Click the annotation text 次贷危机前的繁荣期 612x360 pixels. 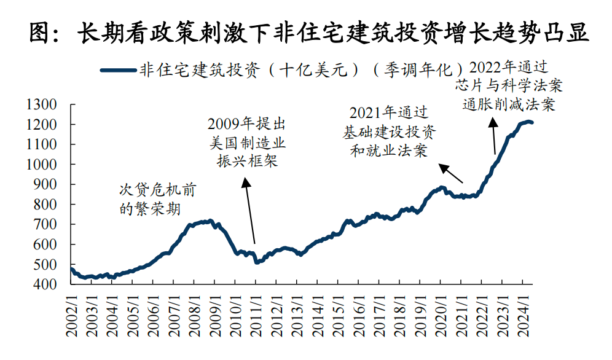(x=157, y=199)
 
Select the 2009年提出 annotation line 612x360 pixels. (x=247, y=125)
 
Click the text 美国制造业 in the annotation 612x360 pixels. (x=247, y=143)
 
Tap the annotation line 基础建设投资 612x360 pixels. (x=390, y=131)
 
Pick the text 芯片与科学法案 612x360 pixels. (x=509, y=85)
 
